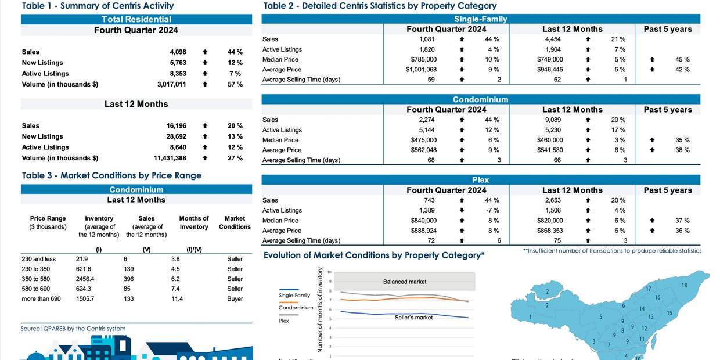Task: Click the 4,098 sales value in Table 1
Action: (x=178, y=52)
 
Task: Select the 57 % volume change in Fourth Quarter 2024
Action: (x=235, y=84)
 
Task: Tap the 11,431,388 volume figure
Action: (x=170, y=158)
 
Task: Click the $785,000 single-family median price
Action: (x=424, y=59)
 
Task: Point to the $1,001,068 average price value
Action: (x=421, y=69)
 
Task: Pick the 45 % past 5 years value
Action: (x=682, y=59)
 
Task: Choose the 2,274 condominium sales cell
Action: (x=427, y=120)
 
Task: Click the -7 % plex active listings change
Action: (x=492, y=210)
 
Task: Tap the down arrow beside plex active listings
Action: (x=462, y=210)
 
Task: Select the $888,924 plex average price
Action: (x=423, y=231)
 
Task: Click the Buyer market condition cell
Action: (x=235, y=298)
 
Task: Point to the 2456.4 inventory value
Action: (x=85, y=279)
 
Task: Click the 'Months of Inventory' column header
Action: (x=194, y=222)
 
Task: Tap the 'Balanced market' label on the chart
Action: (x=405, y=282)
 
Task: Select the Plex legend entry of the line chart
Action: (x=284, y=321)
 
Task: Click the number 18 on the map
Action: (x=684, y=285)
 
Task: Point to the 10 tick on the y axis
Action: (x=330, y=272)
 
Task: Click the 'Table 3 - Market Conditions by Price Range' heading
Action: (x=111, y=175)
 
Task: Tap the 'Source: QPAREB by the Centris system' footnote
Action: (x=73, y=329)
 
